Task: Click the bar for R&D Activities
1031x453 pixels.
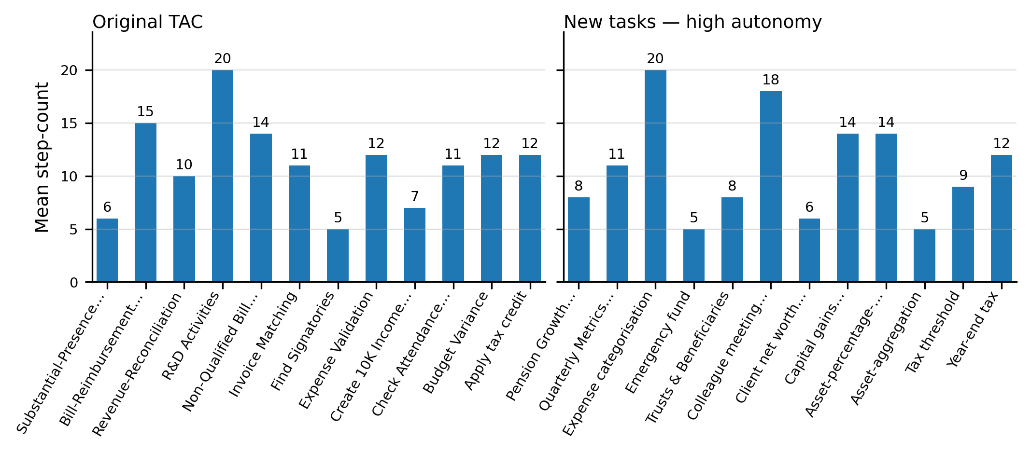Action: [x=223, y=176]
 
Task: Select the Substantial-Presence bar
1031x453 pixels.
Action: [x=107, y=250]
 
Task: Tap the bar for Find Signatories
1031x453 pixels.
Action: [x=338, y=256]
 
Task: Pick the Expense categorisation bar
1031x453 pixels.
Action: [x=655, y=176]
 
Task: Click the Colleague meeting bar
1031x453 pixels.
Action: [x=771, y=187]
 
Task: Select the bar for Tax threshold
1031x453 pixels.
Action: [x=963, y=234]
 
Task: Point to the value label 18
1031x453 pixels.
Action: [x=771, y=80]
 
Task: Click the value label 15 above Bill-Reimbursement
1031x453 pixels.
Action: [x=145, y=112]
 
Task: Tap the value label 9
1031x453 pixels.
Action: [x=963, y=176]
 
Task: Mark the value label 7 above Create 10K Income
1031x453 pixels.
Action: [x=415, y=197]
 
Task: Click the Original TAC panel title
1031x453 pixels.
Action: [x=147, y=22]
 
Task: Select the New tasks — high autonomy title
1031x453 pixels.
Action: [x=692, y=22]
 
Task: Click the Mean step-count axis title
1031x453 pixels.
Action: [x=42, y=157]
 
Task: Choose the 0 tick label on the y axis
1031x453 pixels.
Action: [x=73, y=283]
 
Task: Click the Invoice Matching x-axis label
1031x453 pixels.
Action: [x=263, y=345]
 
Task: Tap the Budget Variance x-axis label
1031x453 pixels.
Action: [x=456, y=343]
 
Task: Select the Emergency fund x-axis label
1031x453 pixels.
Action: [x=658, y=343]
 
